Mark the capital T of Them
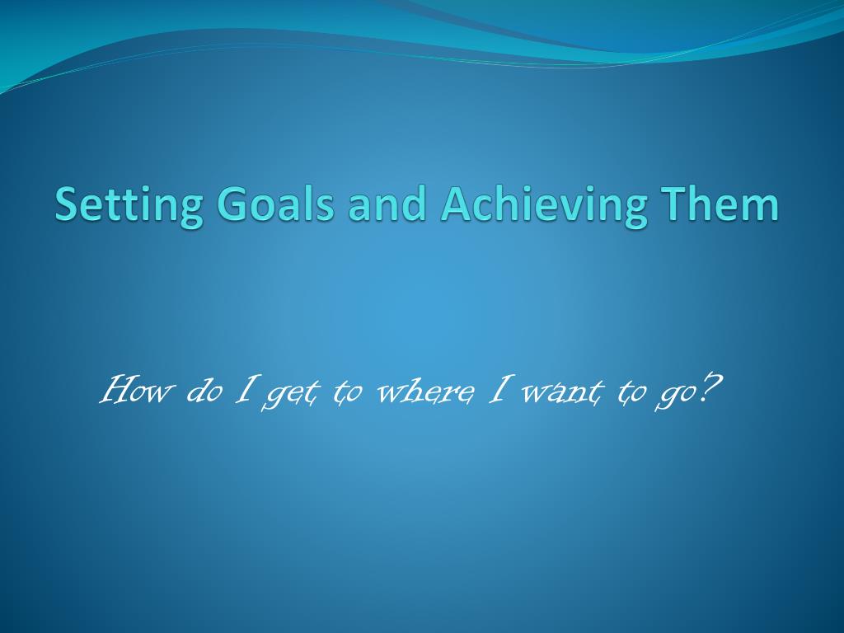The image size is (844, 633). click(x=673, y=204)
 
